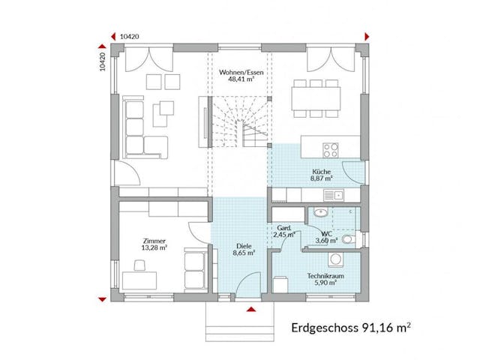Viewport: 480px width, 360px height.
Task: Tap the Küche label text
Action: [322, 172]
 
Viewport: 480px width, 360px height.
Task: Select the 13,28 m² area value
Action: [154, 247]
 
